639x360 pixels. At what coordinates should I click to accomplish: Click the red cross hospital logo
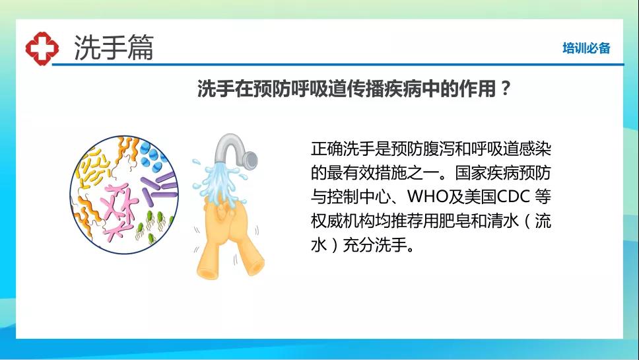(x=42, y=48)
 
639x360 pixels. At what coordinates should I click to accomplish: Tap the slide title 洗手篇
(x=114, y=48)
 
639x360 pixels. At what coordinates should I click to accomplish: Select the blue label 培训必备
(x=586, y=48)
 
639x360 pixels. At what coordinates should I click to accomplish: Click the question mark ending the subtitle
(x=506, y=88)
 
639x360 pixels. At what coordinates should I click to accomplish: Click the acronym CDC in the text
(x=513, y=196)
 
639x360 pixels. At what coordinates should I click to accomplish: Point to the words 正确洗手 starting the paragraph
(x=343, y=149)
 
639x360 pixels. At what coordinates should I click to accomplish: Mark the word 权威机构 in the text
(x=343, y=221)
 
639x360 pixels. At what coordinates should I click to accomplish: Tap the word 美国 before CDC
(x=481, y=196)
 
